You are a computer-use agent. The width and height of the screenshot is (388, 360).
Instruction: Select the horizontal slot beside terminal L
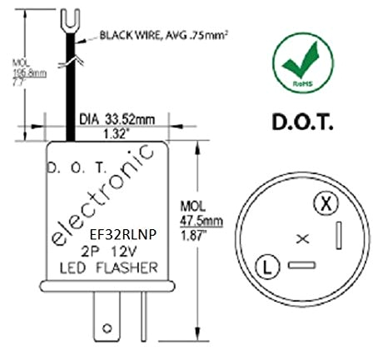coord(301,267)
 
